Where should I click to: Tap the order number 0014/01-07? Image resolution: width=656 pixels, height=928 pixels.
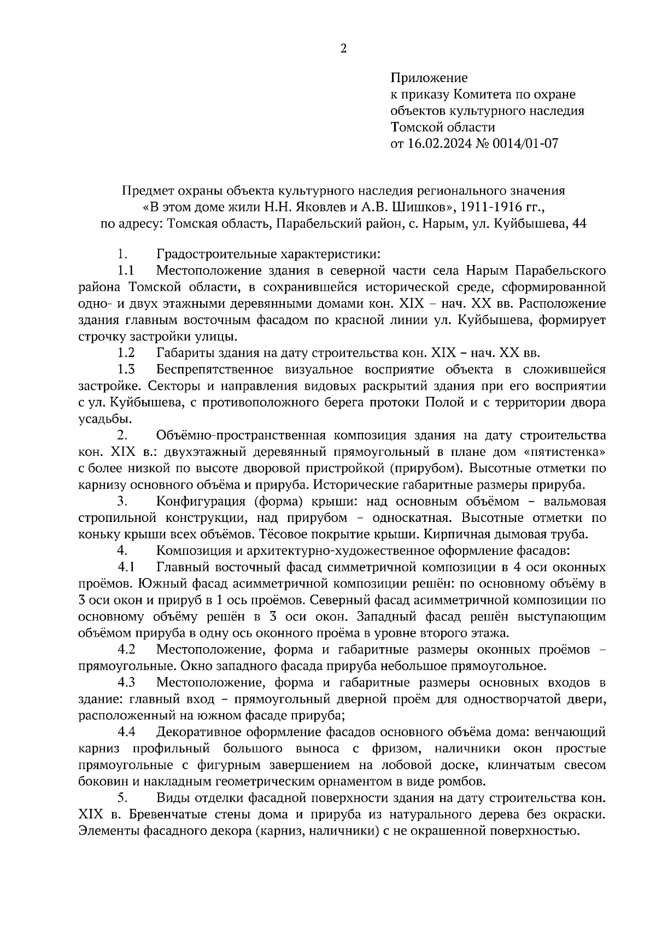coord(524,144)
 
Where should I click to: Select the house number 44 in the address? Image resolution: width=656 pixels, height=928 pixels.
coord(578,224)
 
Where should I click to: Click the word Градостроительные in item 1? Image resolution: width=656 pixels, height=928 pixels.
coord(209,254)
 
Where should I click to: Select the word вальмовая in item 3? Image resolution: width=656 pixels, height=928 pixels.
coord(572,501)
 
